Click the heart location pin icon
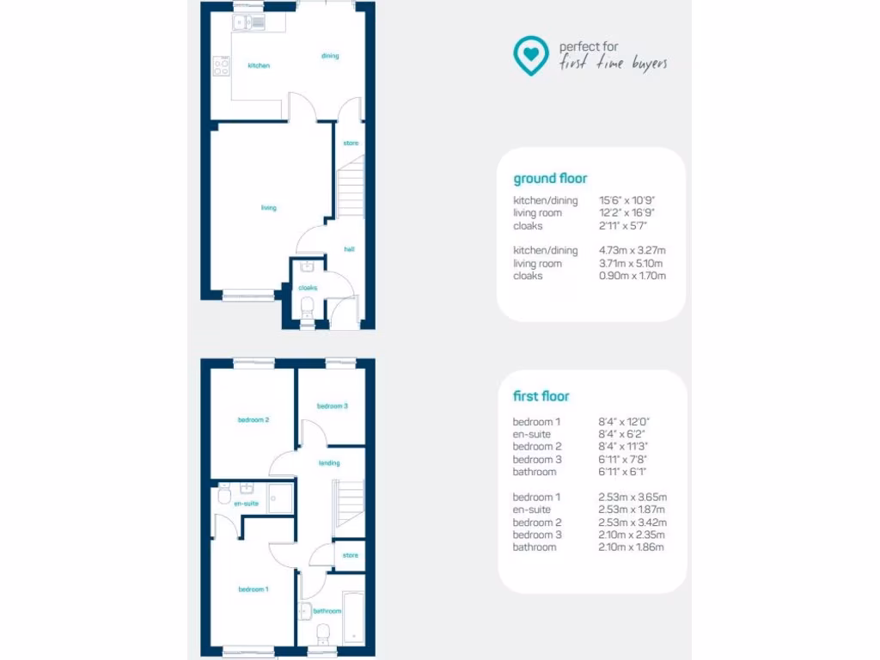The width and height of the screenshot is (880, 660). [531, 55]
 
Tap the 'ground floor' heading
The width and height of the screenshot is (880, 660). [550, 179]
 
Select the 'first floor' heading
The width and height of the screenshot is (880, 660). [541, 396]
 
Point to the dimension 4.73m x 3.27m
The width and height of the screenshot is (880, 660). [632, 251]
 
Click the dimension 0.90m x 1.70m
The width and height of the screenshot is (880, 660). [632, 276]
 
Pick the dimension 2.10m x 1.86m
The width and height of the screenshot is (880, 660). [632, 547]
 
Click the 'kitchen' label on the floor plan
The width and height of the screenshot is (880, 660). [259, 65]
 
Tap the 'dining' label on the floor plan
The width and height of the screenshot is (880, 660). [330, 56]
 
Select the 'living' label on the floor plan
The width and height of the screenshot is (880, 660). [269, 208]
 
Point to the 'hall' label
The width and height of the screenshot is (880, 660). [350, 249]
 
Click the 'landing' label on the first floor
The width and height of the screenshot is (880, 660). [329, 463]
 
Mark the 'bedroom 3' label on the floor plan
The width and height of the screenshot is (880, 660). [332, 406]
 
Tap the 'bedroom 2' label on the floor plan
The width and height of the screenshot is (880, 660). [254, 420]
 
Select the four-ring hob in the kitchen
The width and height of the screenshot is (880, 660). [221, 65]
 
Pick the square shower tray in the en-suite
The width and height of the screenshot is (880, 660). [280, 498]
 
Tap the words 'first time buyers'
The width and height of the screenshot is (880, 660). [613, 64]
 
